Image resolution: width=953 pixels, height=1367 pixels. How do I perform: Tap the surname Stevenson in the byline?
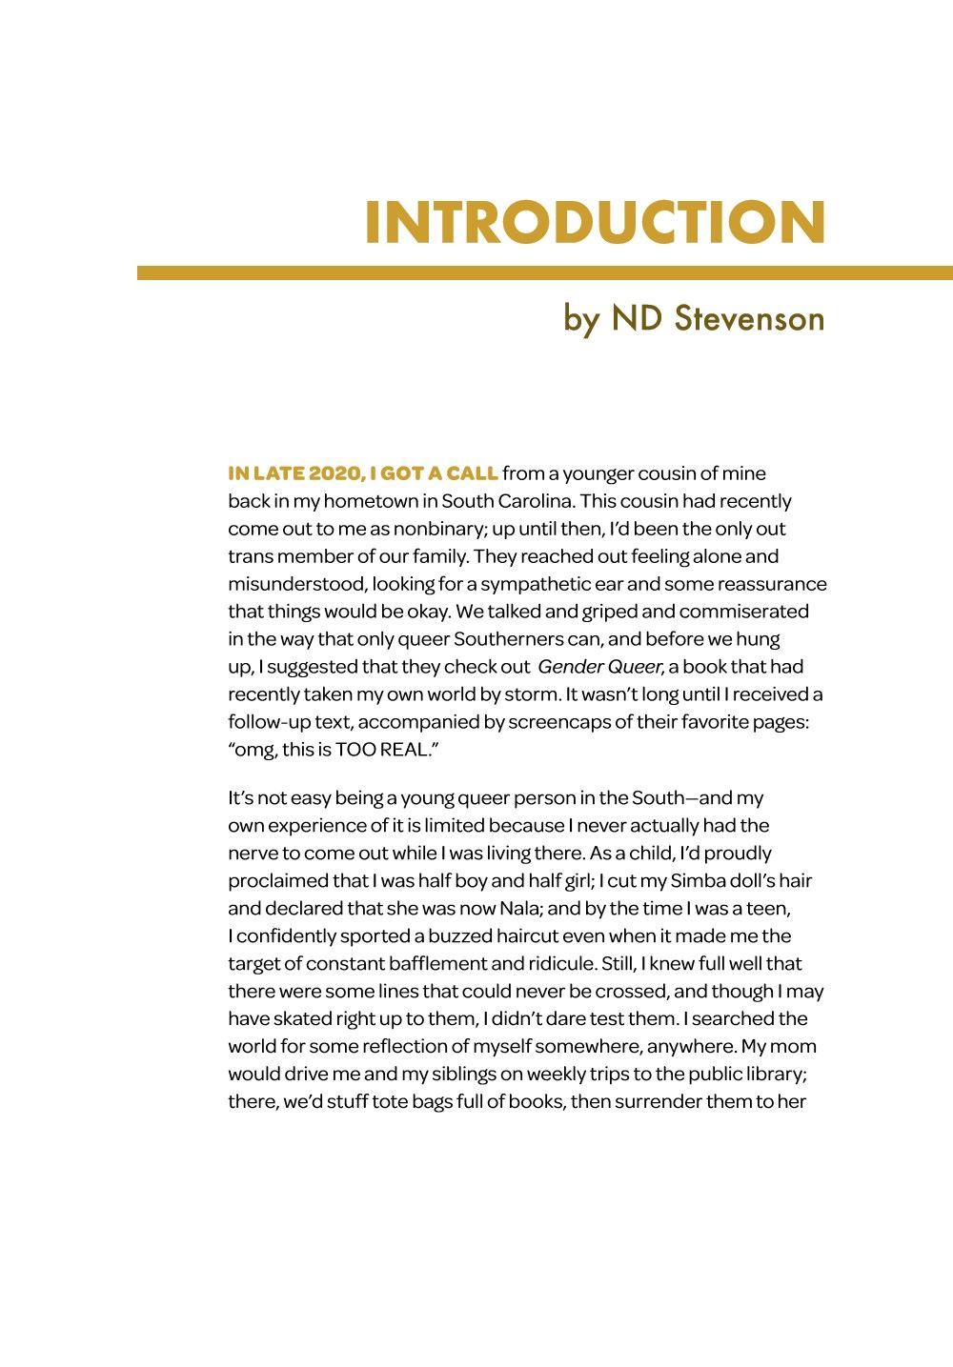pos(748,318)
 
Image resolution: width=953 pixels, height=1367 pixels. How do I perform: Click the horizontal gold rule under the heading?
pos(545,273)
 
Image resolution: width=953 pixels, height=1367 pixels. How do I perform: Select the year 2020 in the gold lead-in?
pos(334,473)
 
